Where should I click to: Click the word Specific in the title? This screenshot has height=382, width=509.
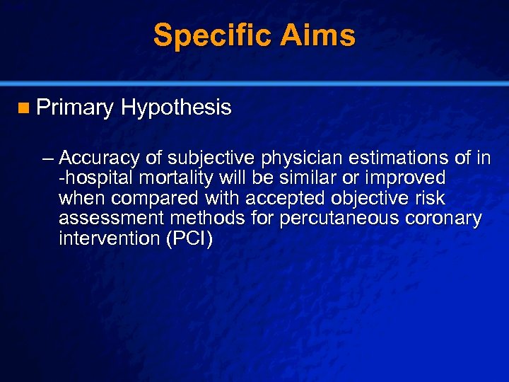(208, 35)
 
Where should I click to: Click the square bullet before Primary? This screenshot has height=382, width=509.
(25, 108)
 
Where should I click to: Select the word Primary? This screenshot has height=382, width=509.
(75, 108)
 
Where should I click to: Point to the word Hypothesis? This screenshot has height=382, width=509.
(176, 108)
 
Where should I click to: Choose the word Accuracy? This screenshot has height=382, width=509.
(101, 157)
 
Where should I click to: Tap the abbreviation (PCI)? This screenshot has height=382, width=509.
(188, 238)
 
